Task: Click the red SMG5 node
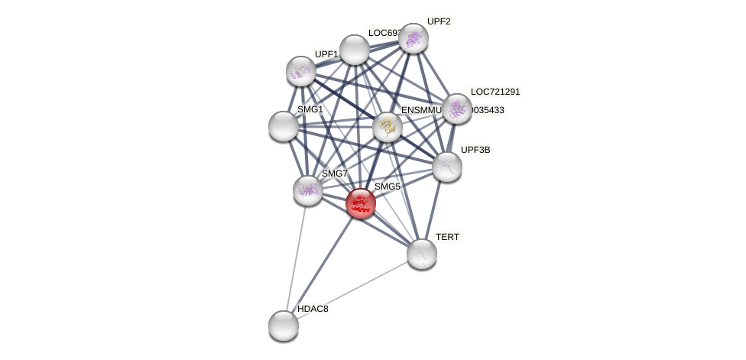360,203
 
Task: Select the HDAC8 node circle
284,326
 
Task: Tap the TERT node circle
421,254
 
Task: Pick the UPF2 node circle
414,38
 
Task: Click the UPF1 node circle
301,71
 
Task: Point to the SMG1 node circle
284,126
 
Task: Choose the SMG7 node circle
308,190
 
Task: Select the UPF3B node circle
447,167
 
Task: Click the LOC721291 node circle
457,109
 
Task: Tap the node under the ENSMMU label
388,127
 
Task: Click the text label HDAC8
313,309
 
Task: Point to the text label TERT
447,237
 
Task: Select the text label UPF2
439,21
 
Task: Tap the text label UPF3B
475,150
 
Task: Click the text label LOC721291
495,92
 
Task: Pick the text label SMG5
387,186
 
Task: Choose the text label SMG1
310,109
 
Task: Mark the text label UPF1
326,54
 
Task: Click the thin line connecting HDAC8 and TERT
352,290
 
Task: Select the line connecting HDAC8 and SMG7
296,258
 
